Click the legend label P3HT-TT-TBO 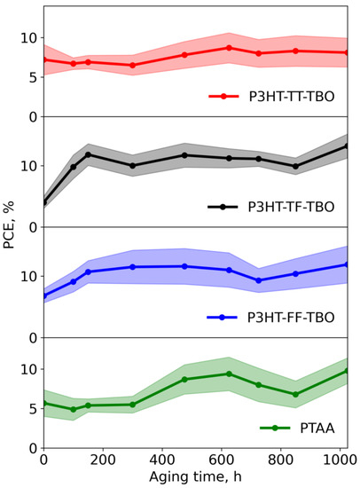coord(293,97)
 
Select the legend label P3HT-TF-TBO coord(293,207)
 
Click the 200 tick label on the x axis coord(103,461)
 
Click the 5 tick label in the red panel coord(32,78)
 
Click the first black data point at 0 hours coord(43,202)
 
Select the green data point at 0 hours coord(43,403)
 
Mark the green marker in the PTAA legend coord(274,427)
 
